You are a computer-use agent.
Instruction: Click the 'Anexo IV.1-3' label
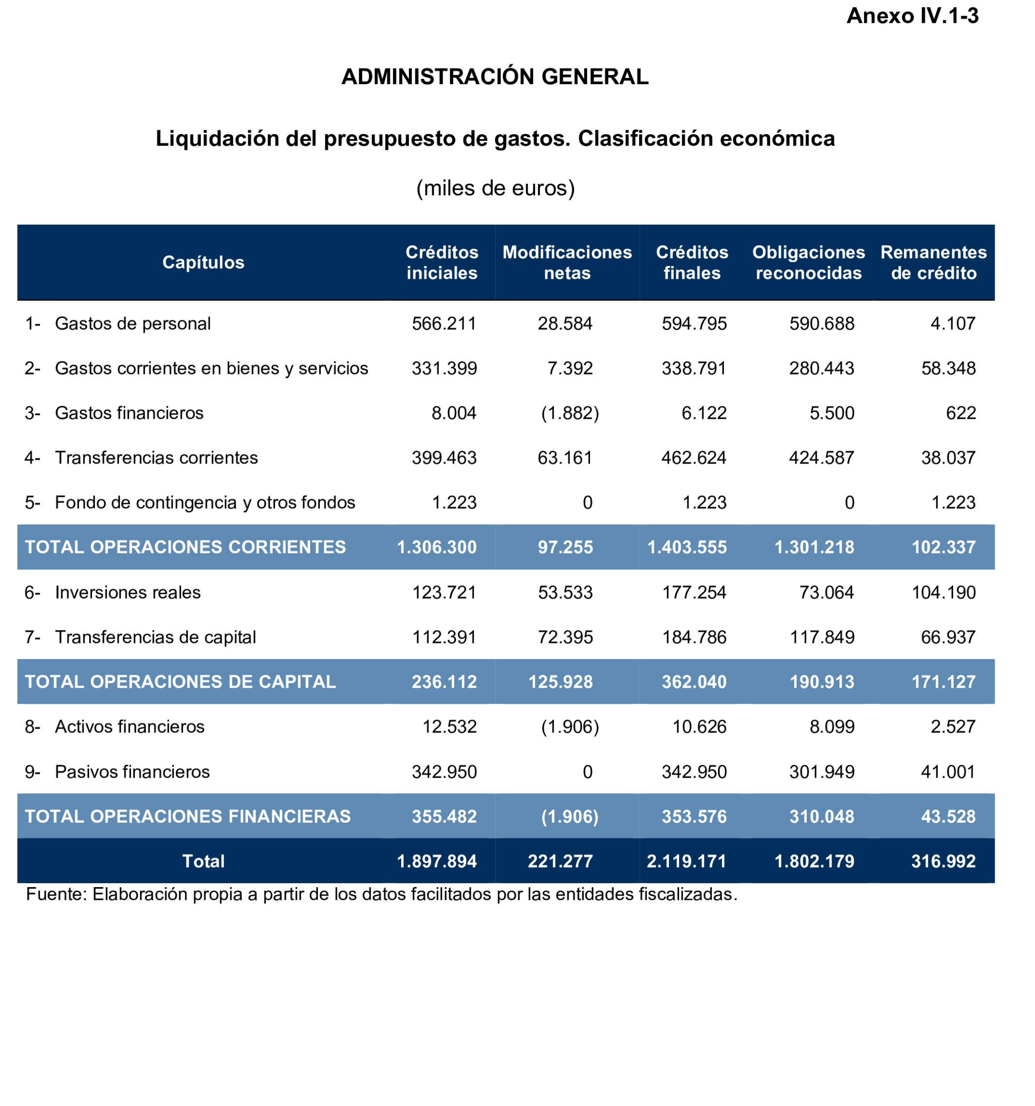[912, 16]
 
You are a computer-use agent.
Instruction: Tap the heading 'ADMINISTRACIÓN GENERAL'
[495, 77]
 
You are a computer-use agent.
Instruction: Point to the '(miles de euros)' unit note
[495, 189]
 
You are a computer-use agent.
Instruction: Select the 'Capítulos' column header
[203, 263]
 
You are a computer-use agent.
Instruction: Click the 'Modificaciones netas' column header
[567, 263]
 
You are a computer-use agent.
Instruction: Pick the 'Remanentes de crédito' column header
[933, 263]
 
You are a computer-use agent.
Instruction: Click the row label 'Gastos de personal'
[132, 324]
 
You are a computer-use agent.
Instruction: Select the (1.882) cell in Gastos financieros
[570, 413]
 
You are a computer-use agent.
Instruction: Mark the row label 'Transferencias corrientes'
[156, 458]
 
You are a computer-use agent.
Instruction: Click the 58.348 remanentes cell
[948, 368]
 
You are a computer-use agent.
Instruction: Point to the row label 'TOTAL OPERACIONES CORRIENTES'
[185, 548]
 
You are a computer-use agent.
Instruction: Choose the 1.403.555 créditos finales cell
[686, 548]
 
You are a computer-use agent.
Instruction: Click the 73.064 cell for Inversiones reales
[826, 592]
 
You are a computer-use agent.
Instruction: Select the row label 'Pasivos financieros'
[132, 772]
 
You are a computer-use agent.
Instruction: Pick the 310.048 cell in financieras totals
[821, 817]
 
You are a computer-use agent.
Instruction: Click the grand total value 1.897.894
[437, 862]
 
